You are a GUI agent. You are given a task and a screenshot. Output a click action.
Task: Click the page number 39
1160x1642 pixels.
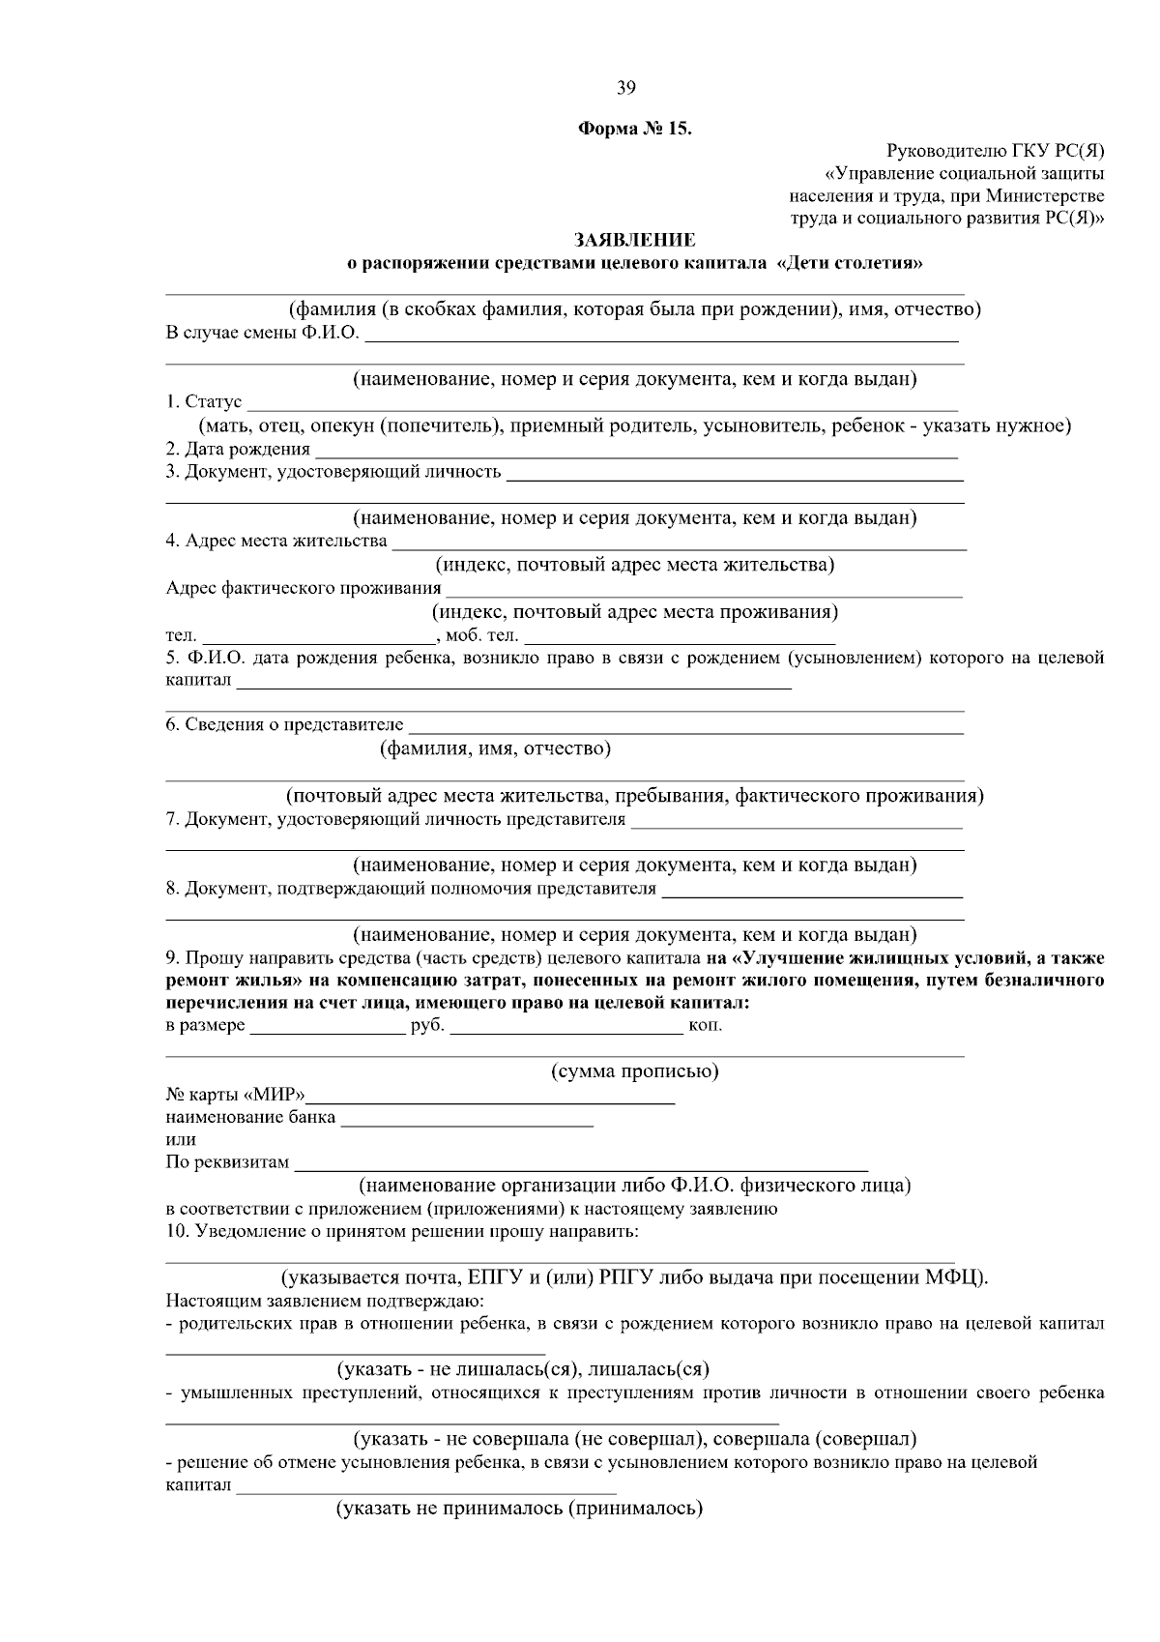click(625, 88)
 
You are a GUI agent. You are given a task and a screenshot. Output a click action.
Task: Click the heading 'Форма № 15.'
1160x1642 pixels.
click(635, 129)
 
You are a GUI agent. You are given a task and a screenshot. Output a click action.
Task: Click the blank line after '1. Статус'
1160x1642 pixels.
click(601, 406)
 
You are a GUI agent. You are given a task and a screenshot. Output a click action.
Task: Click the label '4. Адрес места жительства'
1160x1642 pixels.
click(276, 541)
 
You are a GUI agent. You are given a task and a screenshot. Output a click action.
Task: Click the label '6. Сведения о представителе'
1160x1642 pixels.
click(284, 724)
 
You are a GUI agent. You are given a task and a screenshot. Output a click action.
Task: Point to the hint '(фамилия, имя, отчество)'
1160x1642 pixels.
click(495, 748)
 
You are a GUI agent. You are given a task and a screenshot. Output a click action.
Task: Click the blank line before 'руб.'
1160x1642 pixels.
click(327, 1029)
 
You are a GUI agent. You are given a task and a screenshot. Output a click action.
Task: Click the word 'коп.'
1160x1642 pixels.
click(705, 1025)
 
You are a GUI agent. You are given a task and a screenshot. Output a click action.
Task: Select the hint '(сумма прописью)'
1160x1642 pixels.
click(634, 1071)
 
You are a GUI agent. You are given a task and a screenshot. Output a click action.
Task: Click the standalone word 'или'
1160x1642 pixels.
click(181, 1140)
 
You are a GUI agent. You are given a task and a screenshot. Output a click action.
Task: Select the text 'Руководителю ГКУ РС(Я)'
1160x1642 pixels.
click(995, 151)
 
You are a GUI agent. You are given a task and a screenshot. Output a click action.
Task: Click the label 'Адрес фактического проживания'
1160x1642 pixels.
click(304, 588)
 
